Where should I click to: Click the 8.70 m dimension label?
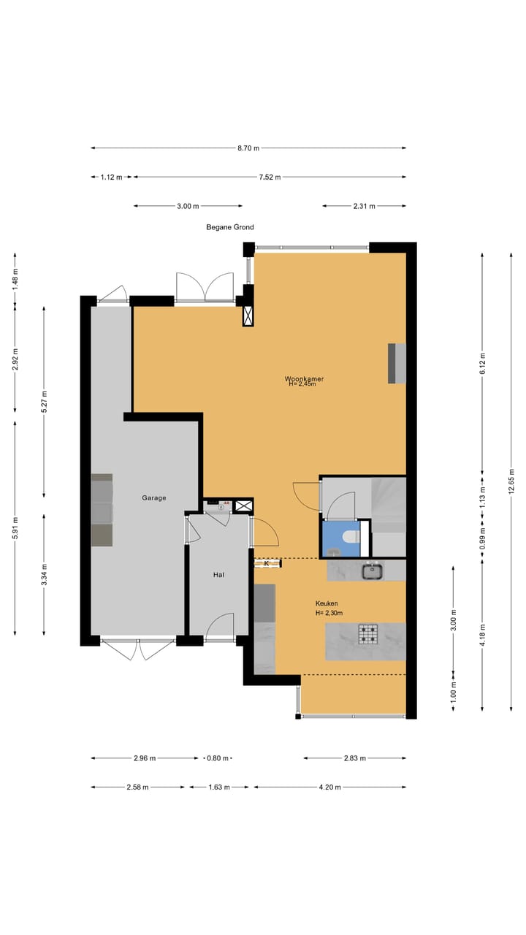[x=248, y=148]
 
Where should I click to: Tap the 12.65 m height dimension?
[x=511, y=481]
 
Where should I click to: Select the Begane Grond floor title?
[x=230, y=227]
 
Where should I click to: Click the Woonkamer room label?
[x=305, y=378]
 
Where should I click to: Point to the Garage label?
[x=154, y=497]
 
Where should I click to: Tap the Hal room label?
[x=218, y=575]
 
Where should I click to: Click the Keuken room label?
[x=327, y=603]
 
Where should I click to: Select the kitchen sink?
[x=373, y=571]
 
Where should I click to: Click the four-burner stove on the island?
[x=367, y=635]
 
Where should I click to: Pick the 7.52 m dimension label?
[x=270, y=177]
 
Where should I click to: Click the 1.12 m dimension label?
[x=112, y=177]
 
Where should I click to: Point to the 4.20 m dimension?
[x=329, y=787]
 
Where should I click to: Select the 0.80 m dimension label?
[x=218, y=758]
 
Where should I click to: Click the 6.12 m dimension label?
[x=483, y=364]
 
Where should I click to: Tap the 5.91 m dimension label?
[x=15, y=528]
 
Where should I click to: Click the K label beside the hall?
[x=267, y=563]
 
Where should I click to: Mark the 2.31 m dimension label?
[x=364, y=206]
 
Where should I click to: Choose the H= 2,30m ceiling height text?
[x=329, y=613]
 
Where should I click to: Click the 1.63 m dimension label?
[x=219, y=787]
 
